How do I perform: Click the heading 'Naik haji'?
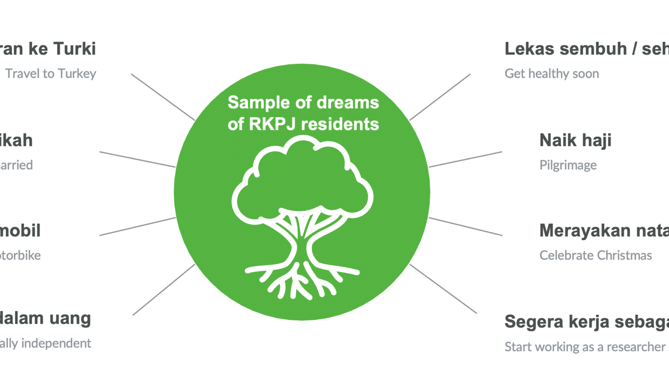575,140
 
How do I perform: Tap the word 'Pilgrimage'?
568,165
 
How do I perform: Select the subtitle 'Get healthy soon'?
552,74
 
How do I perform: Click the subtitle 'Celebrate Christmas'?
595,256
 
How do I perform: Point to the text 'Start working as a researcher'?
585,347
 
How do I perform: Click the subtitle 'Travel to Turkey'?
51,74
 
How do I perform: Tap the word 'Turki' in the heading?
75,49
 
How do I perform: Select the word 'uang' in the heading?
70,319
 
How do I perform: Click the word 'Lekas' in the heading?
530,49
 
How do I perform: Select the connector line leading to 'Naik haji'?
466,159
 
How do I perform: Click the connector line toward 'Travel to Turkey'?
163,97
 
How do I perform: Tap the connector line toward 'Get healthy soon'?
440,97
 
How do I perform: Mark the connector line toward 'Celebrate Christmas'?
466,227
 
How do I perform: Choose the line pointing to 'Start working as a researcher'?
443,289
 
